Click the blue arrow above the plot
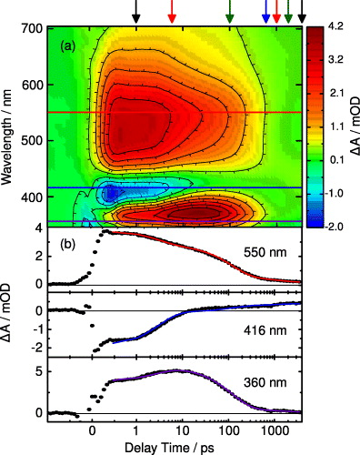point(265,13)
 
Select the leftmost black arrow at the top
point(136,13)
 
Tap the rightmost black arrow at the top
point(303,13)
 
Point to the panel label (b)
point(69,244)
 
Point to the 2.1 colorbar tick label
point(339,93)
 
